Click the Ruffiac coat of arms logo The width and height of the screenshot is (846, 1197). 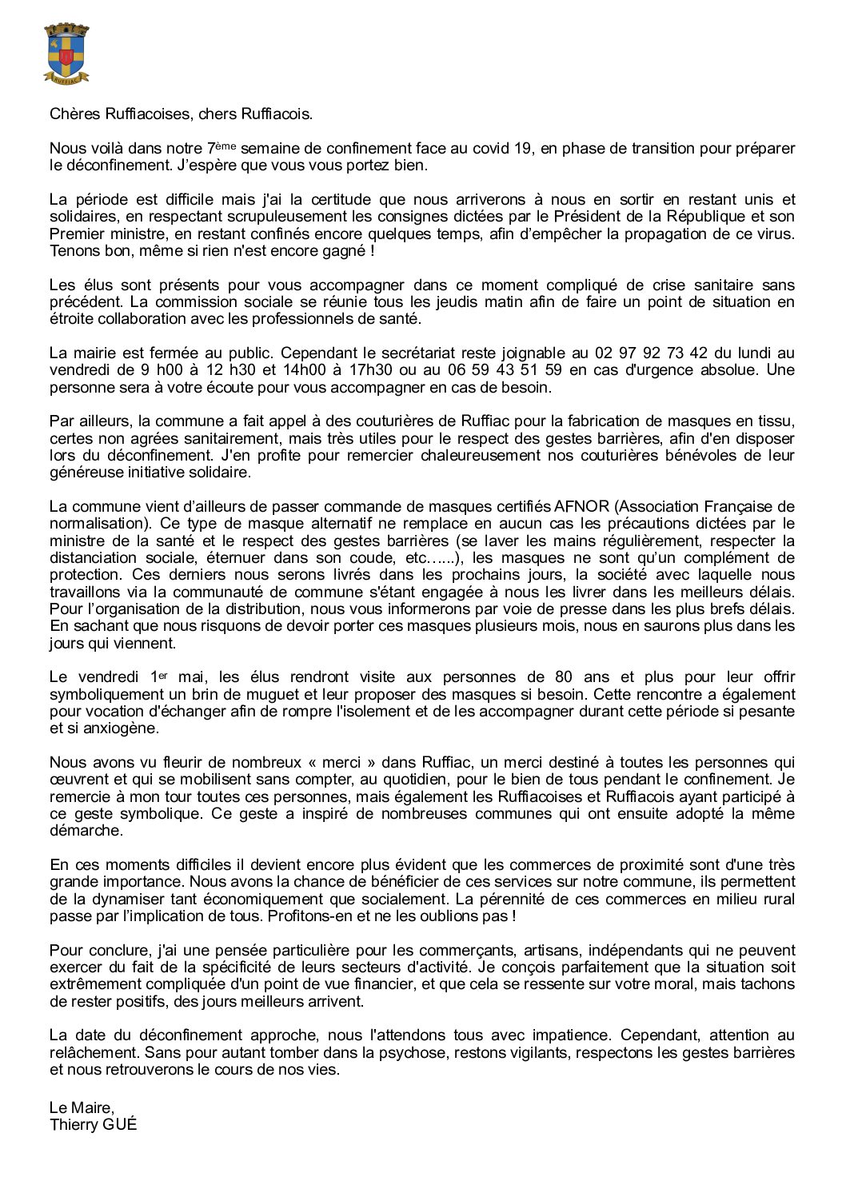(66, 53)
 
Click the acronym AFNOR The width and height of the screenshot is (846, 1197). (581, 506)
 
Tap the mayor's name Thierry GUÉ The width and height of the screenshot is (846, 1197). (93, 1123)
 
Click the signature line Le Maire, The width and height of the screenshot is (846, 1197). (82, 1107)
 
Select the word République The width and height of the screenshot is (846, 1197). (700, 217)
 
